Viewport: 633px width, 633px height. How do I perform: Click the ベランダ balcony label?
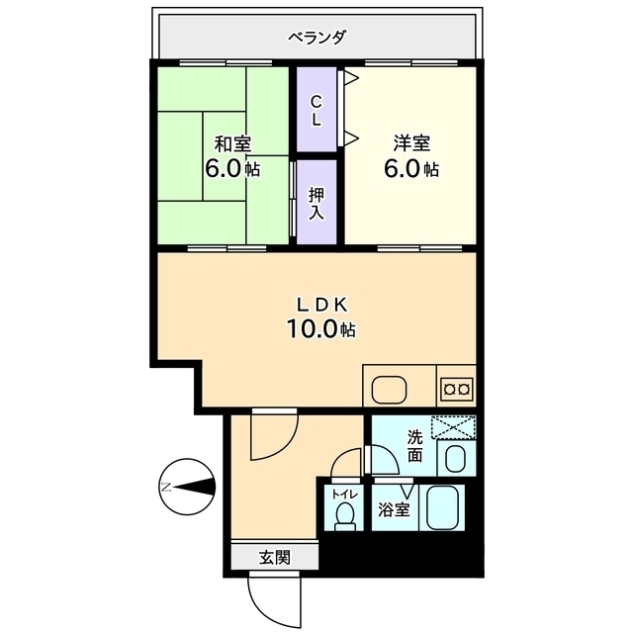pos(316,38)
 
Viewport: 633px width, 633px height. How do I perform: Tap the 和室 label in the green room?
pos(232,144)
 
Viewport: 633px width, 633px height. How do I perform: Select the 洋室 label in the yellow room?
pos(411,143)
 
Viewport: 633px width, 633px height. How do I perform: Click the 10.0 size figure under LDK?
pos(312,328)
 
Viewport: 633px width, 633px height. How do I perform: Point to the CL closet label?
pos(316,110)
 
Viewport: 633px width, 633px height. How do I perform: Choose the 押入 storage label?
pos(316,204)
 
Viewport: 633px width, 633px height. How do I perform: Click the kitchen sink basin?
pos(389,390)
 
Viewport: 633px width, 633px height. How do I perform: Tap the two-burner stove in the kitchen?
pos(457,389)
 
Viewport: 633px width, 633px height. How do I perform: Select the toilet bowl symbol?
pos(344,517)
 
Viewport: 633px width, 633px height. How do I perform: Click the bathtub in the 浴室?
pos(442,507)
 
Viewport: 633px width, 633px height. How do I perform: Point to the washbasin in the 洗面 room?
pos(456,458)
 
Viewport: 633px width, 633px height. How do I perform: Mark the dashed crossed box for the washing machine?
pos(453,427)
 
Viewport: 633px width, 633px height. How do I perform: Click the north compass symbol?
pos(187,487)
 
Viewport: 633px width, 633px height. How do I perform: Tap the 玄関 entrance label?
pos(275,558)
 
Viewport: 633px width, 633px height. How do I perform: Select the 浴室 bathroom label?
pos(394,509)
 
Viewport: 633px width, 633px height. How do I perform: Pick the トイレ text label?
pos(344,495)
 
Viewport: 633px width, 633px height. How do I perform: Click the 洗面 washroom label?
pos(415,446)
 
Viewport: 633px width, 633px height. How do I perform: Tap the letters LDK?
pos(321,306)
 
